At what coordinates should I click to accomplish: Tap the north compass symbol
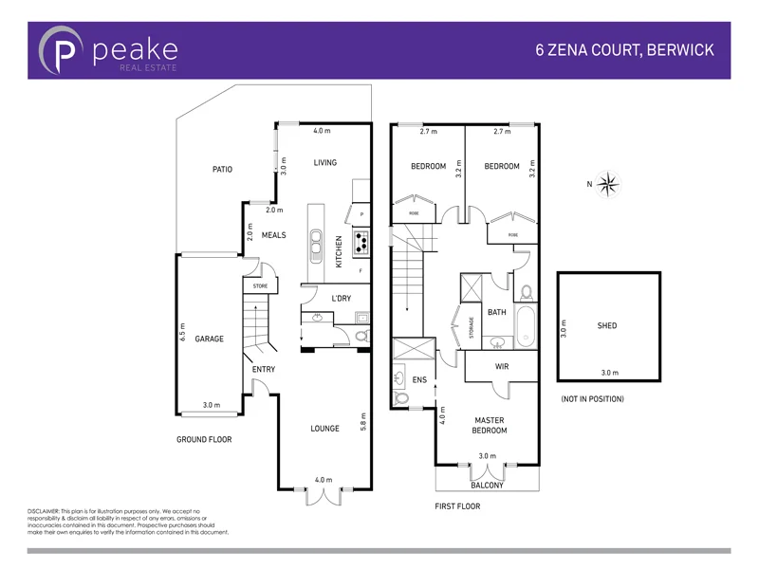(x=610, y=184)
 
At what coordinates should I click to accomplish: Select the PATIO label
(x=222, y=169)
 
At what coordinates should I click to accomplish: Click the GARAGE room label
(x=210, y=339)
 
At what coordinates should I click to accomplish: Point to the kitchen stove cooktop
(x=361, y=245)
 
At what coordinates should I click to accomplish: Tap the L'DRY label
(x=342, y=299)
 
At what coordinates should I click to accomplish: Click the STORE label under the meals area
(x=260, y=285)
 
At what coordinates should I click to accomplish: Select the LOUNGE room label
(x=324, y=429)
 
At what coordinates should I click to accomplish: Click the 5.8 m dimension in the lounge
(x=362, y=420)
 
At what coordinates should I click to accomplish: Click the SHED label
(x=607, y=325)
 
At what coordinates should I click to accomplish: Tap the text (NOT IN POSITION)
(x=592, y=399)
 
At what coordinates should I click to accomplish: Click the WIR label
(x=503, y=366)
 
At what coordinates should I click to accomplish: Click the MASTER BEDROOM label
(x=490, y=425)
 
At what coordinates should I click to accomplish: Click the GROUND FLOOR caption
(x=204, y=440)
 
